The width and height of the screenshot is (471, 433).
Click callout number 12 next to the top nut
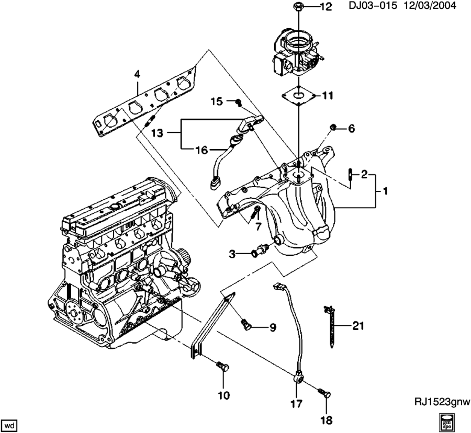326,7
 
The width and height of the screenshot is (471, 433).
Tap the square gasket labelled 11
299,95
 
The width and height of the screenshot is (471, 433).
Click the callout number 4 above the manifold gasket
137,74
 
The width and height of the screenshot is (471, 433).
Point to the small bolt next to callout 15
239,102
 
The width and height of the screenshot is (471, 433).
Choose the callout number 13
157,133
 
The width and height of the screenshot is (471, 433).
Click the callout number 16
202,150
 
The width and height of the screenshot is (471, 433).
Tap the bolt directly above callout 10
222,367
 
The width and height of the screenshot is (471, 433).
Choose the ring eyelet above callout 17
297,375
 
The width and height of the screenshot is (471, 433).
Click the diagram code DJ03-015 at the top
373,5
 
